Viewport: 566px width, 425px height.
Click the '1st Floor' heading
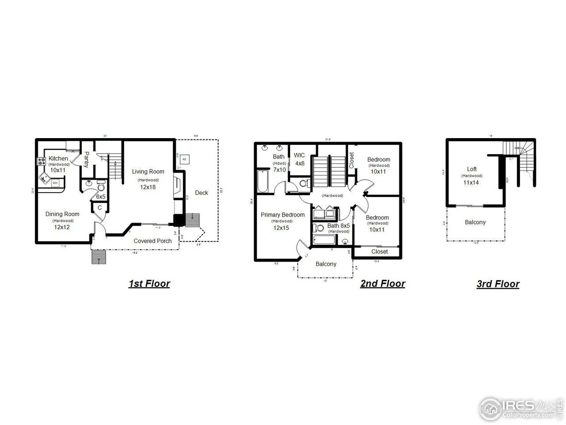[149, 284]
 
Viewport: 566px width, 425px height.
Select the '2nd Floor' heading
[382, 284]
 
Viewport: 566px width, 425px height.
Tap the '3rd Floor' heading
[498, 284]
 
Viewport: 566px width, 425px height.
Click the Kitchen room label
[58, 158]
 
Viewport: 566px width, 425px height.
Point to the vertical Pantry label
[87, 159]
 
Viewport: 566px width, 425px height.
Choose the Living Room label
[148, 172]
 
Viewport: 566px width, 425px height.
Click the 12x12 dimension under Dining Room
[62, 227]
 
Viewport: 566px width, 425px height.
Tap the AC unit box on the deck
[184, 158]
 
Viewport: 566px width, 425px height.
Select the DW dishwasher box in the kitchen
[55, 182]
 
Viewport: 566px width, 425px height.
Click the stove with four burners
[42, 162]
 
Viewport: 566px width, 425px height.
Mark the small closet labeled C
[99, 208]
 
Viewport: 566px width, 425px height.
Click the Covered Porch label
[153, 241]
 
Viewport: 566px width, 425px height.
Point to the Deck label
[201, 193]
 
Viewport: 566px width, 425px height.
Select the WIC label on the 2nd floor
[299, 155]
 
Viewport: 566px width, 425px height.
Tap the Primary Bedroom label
[283, 215]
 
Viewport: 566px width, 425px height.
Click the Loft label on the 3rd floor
[472, 169]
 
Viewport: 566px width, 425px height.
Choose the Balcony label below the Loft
[475, 222]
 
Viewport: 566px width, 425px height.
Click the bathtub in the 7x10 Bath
[262, 182]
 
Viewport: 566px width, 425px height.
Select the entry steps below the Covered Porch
[98, 257]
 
